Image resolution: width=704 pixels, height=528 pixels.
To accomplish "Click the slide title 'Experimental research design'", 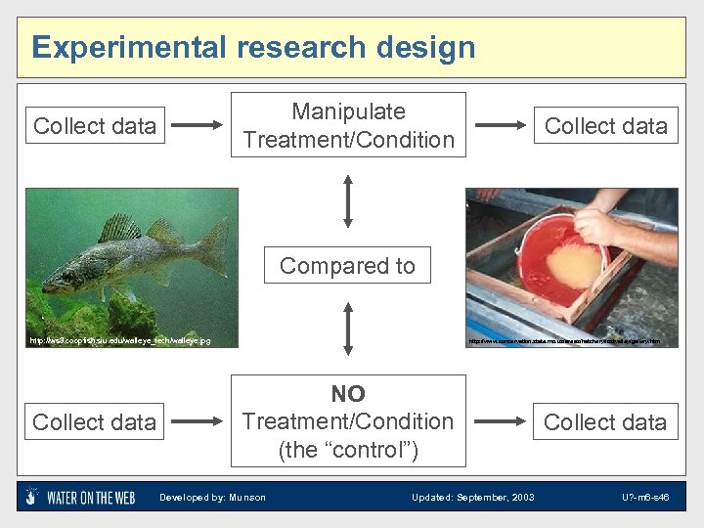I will (253, 47).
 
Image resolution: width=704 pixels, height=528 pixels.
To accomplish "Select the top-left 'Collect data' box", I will (95, 126).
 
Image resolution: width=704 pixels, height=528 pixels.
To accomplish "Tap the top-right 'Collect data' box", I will (605, 126).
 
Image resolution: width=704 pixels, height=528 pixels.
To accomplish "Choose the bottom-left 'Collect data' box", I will (95, 422).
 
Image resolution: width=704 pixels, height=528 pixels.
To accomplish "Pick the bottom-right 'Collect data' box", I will (605, 422).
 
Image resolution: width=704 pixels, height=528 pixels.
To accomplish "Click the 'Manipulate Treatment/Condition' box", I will (348, 125).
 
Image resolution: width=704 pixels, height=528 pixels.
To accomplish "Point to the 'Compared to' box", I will (347, 266).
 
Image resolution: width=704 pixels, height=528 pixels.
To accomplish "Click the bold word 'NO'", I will (348, 394).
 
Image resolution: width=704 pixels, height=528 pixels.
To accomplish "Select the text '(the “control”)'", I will (348, 450).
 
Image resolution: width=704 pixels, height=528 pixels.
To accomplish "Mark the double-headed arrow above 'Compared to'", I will (348, 201).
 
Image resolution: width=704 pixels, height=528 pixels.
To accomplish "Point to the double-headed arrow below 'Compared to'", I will (348, 328).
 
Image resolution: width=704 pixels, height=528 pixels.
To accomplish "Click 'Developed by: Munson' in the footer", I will (212, 498).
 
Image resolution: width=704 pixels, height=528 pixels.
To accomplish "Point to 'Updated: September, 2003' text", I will (472, 498).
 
